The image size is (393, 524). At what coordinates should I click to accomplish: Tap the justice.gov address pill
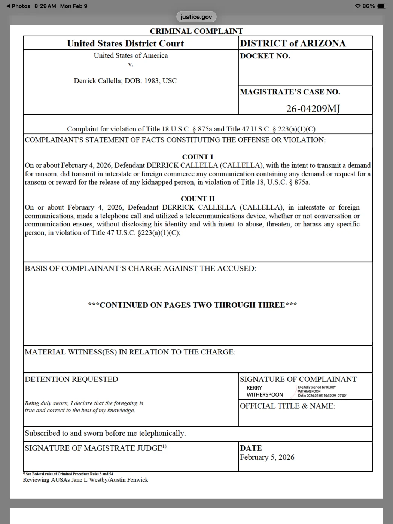coord(196,17)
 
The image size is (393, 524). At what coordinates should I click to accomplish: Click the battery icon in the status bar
coord(381,6)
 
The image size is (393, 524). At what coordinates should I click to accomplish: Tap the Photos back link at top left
coord(18,6)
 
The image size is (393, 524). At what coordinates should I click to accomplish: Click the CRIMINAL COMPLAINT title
coord(196,31)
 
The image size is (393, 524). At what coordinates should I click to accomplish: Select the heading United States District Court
coord(125,43)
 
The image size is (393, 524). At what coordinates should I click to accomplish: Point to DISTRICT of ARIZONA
coord(293,43)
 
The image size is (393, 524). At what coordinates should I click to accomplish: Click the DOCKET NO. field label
coord(265,56)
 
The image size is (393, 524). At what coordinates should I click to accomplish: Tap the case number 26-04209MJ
coord(313,109)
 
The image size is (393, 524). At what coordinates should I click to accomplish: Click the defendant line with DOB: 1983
coord(125,81)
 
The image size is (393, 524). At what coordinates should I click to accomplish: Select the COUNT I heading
coord(198,157)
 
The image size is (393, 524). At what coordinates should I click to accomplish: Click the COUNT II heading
coord(198,199)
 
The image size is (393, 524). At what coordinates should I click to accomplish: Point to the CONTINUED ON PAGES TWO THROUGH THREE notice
coord(192,305)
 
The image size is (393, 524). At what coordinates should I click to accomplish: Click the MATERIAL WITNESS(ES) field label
coord(130,352)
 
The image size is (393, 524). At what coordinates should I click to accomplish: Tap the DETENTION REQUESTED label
coord(71,379)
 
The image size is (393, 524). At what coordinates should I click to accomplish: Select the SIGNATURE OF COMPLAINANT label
coord(298,379)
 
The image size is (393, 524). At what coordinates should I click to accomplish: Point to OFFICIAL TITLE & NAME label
coord(287,406)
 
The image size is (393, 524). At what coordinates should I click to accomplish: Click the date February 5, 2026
coord(267,457)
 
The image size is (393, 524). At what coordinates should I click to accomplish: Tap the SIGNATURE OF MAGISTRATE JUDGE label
coord(95,448)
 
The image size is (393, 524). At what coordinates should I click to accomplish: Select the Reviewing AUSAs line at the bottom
coord(85,480)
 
